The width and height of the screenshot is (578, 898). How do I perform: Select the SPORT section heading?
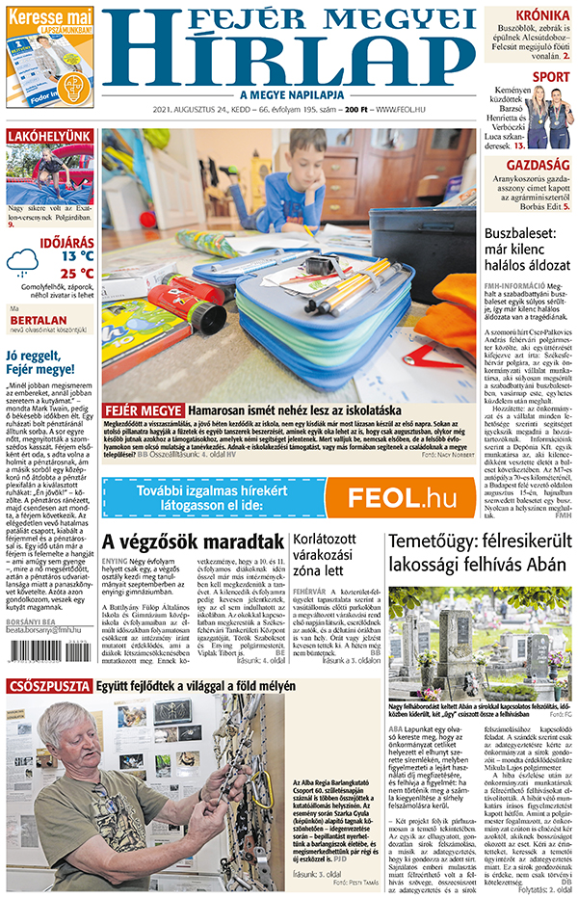(x=550, y=77)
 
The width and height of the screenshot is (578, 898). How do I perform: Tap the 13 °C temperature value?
(x=77, y=256)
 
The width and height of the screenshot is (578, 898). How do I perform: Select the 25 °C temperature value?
(x=77, y=273)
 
